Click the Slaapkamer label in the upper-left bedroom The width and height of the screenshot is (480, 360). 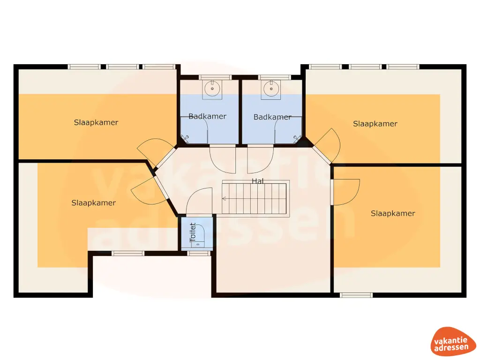tap(96, 122)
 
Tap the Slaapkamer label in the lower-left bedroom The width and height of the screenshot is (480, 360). tap(94, 202)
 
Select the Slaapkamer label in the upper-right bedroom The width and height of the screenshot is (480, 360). tap(375, 124)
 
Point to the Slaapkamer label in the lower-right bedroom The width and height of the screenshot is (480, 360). tap(393, 213)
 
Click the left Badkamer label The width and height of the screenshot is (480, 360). tap(208, 116)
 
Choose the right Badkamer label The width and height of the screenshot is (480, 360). tap(272, 117)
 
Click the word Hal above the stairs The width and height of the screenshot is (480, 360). tap(257, 181)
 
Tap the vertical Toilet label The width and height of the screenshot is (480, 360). tap(193, 232)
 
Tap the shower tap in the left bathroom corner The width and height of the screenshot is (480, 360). tap(185, 139)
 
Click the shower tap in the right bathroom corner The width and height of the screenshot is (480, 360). tap(297, 139)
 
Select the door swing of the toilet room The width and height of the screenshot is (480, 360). tap(199, 201)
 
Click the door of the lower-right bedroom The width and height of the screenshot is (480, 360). tap(345, 192)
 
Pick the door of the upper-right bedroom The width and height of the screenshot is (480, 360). tap(327, 146)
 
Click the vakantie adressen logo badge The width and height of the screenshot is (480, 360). tap(451, 342)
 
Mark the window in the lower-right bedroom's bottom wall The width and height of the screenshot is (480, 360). tap(356, 295)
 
